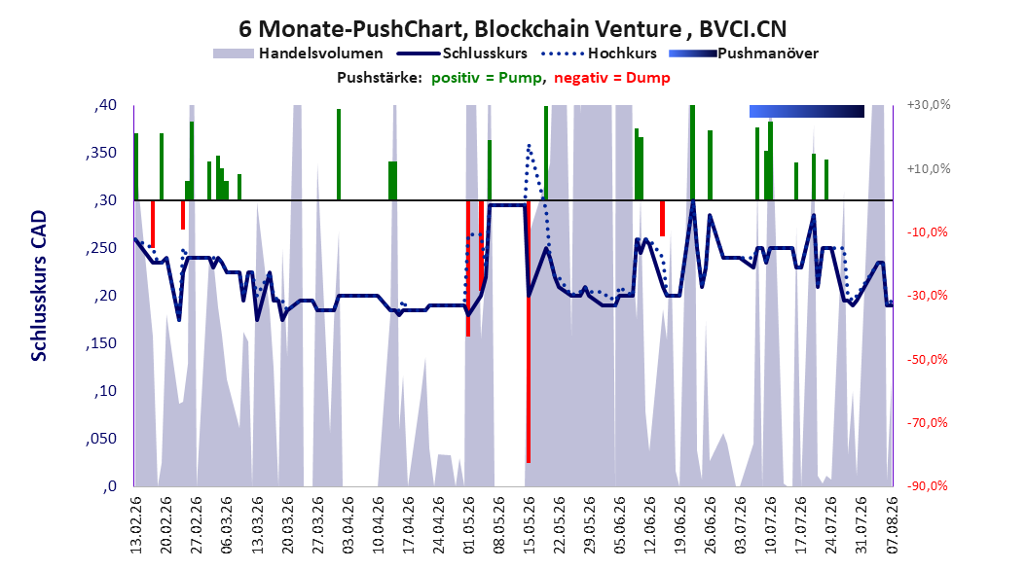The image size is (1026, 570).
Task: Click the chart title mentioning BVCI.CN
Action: pyautogui.click(x=512, y=29)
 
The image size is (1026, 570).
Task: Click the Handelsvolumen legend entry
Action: pyautogui.click(x=299, y=53)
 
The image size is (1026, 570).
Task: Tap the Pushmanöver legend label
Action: pyautogui.click(x=768, y=53)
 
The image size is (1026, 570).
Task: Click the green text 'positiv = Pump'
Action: pyautogui.click(x=486, y=78)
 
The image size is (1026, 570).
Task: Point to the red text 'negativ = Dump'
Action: pyautogui.click(x=612, y=78)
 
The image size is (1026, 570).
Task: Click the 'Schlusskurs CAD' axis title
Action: pyautogui.click(x=39, y=286)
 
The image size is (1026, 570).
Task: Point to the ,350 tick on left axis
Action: pyautogui.click(x=101, y=153)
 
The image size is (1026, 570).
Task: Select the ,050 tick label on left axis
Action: pyautogui.click(x=101, y=439)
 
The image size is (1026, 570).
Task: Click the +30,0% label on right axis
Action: pyautogui.click(x=929, y=105)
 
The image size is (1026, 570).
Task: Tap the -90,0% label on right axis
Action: pyautogui.click(x=928, y=485)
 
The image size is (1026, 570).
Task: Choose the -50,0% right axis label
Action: pyautogui.click(x=928, y=359)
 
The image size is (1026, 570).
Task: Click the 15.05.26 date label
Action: pyautogui.click(x=529, y=525)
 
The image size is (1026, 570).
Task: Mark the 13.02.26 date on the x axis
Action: pyautogui.click(x=136, y=525)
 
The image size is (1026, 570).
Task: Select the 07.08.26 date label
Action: pyautogui.click(x=892, y=525)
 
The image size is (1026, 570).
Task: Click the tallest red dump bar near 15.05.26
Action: pyautogui.click(x=528, y=332)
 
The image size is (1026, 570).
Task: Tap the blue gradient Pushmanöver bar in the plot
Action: pyautogui.click(x=807, y=111)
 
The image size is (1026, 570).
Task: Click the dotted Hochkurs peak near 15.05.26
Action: pyautogui.click(x=529, y=145)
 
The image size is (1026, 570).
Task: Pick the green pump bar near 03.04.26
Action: pyautogui.click(x=339, y=155)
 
